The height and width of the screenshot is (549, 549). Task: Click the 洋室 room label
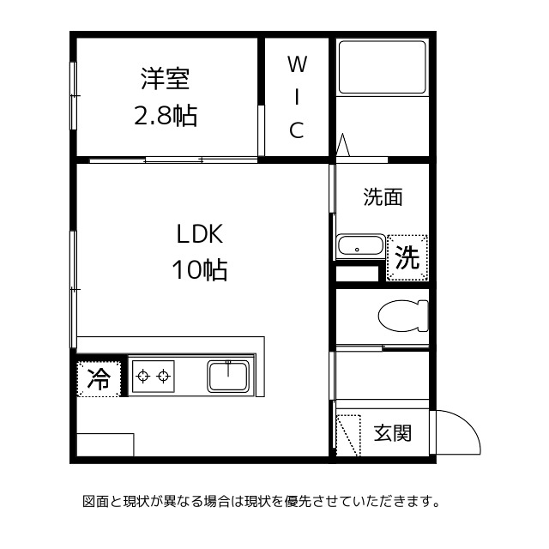[x=166, y=80]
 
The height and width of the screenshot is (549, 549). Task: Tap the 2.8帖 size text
[x=166, y=116]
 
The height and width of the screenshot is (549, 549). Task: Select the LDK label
[x=200, y=234]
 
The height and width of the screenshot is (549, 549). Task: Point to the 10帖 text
[x=199, y=271]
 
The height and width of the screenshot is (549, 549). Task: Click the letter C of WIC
[x=296, y=130]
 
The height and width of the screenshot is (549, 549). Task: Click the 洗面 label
[x=383, y=197]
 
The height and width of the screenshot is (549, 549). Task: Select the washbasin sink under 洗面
[x=359, y=246]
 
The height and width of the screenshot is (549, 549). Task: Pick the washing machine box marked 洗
[x=407, y=256]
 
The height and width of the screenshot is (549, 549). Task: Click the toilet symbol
[x=403, y=317]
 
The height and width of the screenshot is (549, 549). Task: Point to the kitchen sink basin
[x=228, y=376]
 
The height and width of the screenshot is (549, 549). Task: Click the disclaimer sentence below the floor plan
[x=261, y=500]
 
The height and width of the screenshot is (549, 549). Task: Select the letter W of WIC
[x=296, y=63]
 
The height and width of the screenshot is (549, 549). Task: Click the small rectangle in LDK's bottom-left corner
[x=106, y=445]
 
